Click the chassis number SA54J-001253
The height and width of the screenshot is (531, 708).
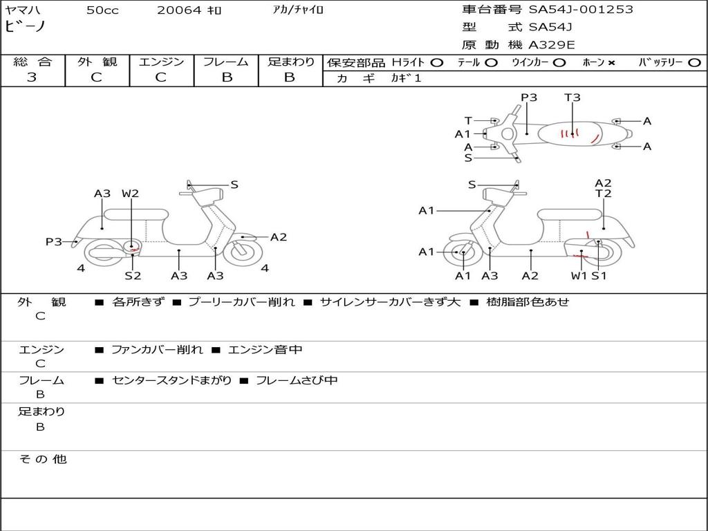tap(581, 10)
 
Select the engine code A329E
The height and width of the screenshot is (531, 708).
tap(551, 45)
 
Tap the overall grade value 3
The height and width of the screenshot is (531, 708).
tap(32, 77)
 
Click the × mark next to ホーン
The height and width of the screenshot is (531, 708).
tap(611, 63)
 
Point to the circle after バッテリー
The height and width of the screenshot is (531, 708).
tap(694, 63)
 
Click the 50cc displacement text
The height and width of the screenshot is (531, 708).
tap(102, 10)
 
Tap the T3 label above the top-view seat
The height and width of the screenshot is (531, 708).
tap(572, 97)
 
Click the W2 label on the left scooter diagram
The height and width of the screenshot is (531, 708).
tap(130, 194)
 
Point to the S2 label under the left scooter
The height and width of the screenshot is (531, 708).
tap(133, 275)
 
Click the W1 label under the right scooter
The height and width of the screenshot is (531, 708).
tap(579, 275)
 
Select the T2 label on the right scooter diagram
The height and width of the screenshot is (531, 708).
tap(603, 194)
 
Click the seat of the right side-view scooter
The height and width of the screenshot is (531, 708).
tap(570, 214)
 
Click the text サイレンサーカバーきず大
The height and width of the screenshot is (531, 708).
tap(390, 301)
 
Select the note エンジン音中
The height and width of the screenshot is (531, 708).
tap(265, 349)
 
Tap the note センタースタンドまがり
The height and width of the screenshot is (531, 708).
tap(172, 380)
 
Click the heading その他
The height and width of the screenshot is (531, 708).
tap(42, 459)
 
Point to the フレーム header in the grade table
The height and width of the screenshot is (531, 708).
tap(226, 62)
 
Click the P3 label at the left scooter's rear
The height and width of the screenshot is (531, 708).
tap(54, 241)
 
